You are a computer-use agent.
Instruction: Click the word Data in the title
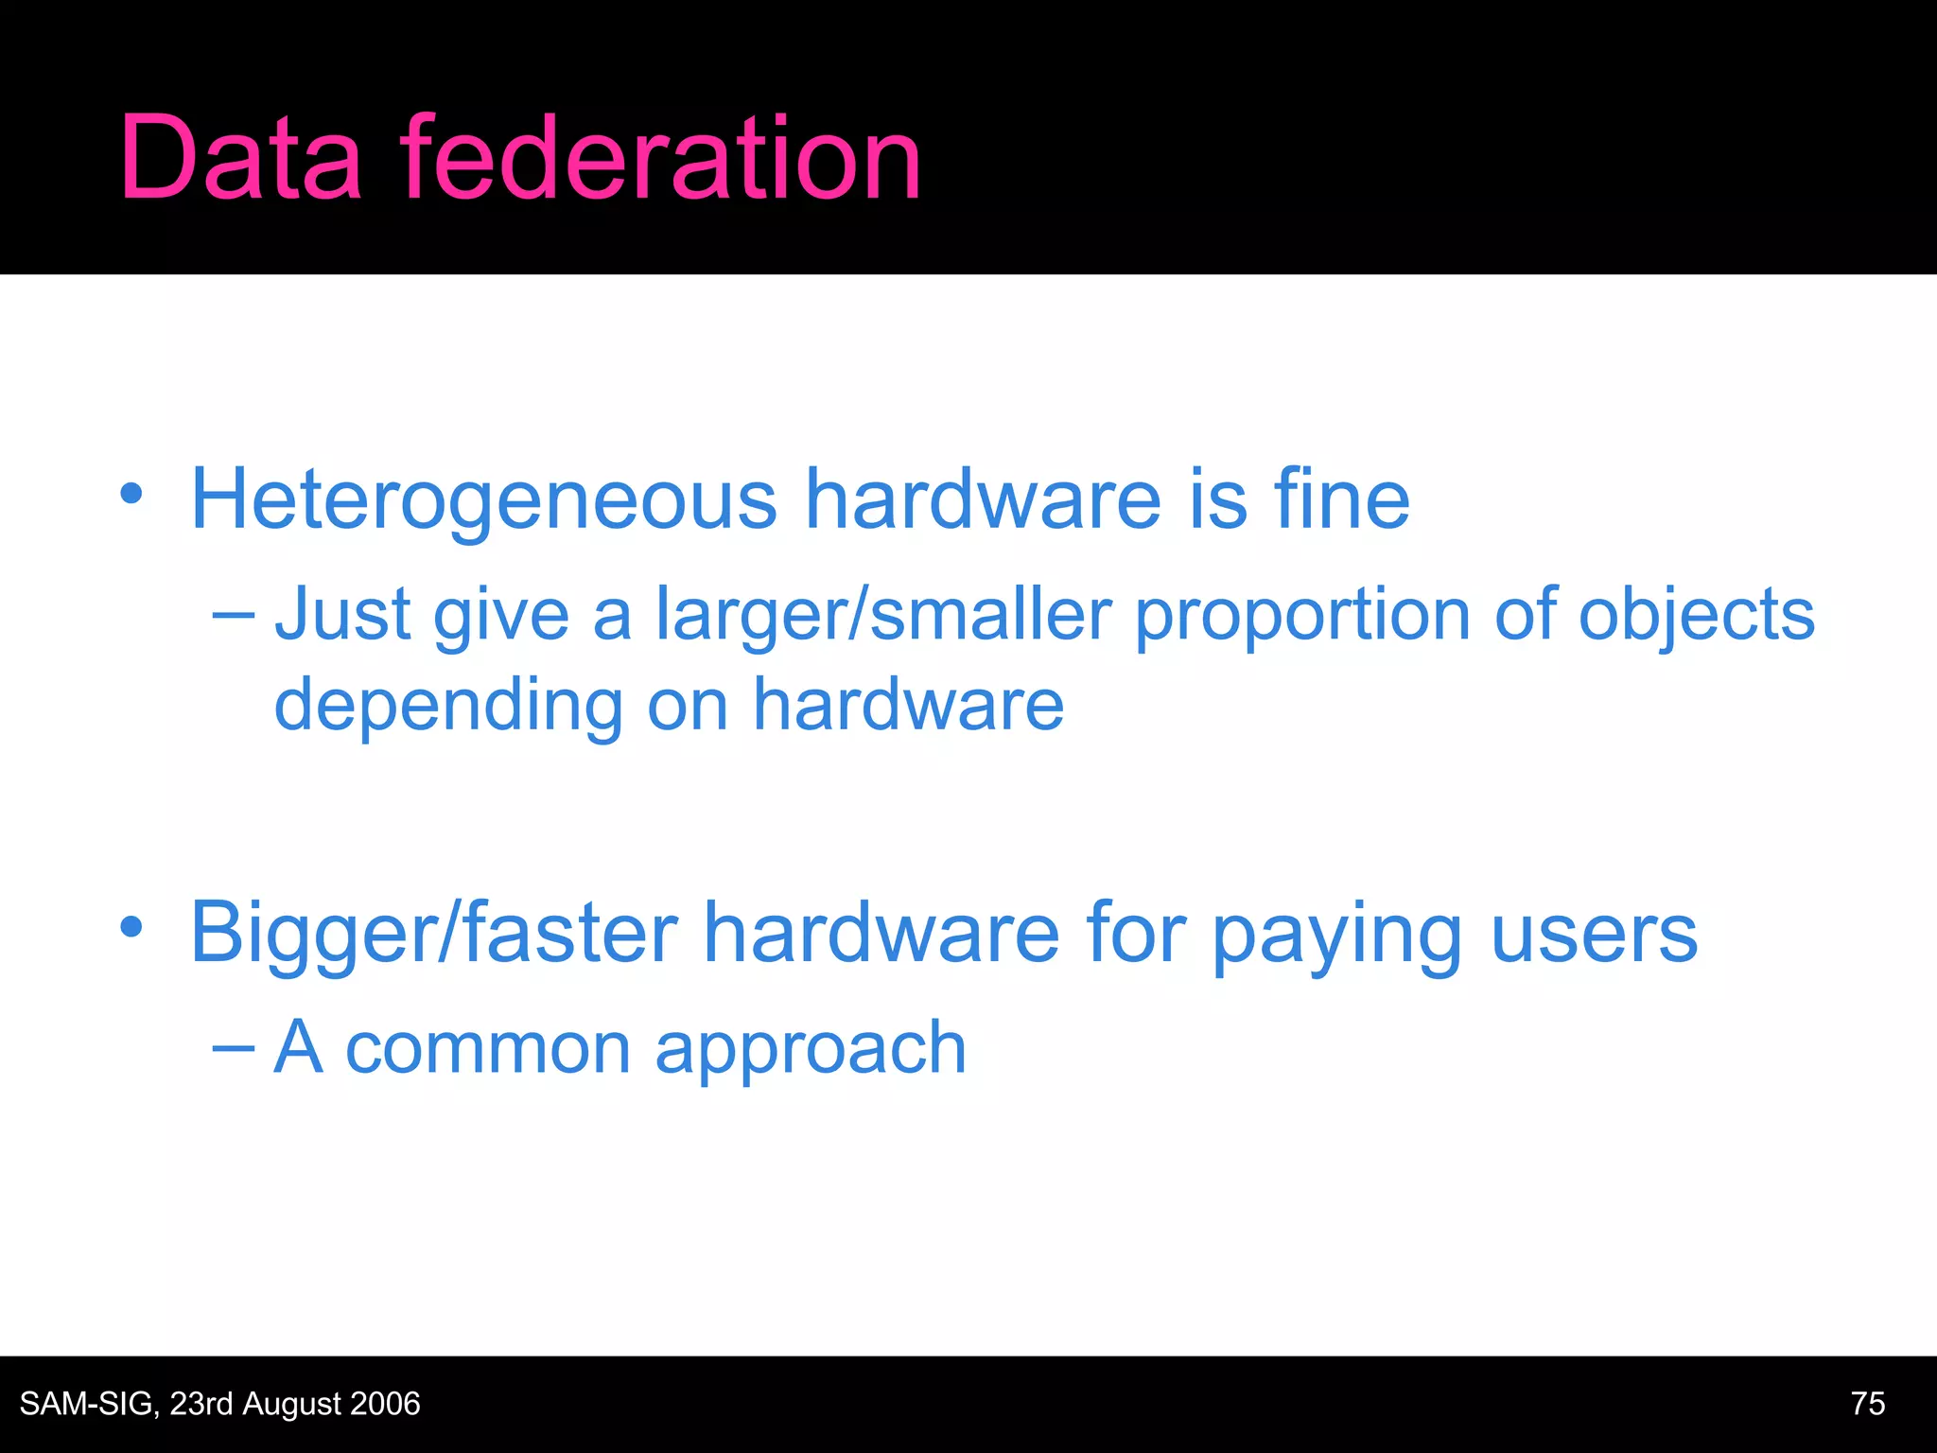240,159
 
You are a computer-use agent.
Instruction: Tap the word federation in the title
660,159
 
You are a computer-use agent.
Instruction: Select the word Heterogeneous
483,501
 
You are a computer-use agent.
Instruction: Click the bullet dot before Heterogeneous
131,494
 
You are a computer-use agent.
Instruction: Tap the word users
1595,935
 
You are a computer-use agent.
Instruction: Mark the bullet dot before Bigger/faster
131,927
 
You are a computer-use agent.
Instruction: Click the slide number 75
1868,1404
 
